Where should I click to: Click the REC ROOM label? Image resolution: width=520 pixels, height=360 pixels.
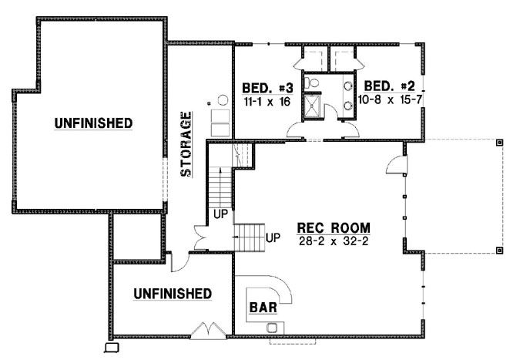(x=333, y=228)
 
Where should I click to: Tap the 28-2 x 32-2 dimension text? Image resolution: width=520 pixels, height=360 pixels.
(x=333, y=241)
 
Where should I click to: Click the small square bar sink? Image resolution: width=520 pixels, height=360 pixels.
(x=271, y=328)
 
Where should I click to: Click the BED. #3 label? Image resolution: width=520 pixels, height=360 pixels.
(x=267, y=86)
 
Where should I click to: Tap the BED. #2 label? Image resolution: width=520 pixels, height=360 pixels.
(x=390, y=86)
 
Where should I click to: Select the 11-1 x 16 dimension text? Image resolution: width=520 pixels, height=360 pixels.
(x=265, y=101)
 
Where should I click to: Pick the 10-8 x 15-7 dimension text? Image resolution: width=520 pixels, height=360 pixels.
(x=390, y=101)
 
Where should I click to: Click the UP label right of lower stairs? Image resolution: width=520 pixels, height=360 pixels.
(x=272, y=237)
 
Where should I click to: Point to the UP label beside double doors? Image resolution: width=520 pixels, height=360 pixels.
(x=220, y=214)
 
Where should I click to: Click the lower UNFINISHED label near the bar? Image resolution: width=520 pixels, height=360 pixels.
(x=173, y=294)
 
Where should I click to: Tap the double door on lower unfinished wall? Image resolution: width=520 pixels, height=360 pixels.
(x=207, y=331)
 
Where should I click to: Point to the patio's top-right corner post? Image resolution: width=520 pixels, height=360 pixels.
(x=499, y=143)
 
